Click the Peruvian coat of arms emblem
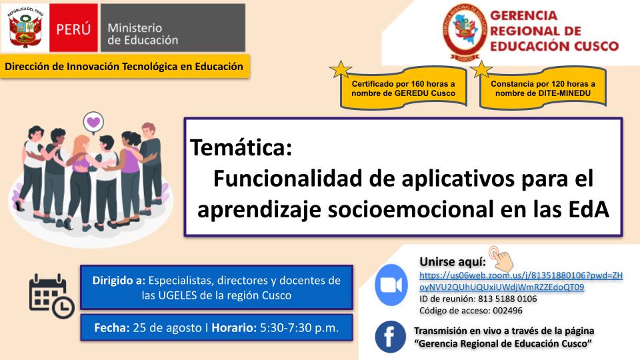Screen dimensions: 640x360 tap(25, 28)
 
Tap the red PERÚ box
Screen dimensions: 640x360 tap(73, 28)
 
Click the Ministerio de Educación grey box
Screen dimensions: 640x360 tap(173, 28)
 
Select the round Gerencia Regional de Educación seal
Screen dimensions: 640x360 tap(465, 32)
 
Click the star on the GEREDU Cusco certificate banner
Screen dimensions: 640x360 tap(341, 69)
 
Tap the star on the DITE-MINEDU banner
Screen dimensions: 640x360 tap(481, 69)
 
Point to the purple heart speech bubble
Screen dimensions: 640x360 tap(93, 123)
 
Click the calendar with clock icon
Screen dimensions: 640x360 tap(51, 296)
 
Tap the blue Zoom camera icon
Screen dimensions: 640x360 tap(391, 285)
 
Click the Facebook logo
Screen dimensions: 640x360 tap(390, 337)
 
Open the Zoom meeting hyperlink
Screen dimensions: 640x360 tap(521, 281)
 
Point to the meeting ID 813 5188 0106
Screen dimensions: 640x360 tap(507, 299)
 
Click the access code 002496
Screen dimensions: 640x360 tap(507, 311)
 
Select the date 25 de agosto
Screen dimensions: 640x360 tap(167, 328)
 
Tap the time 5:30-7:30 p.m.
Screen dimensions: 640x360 tap(299, 328)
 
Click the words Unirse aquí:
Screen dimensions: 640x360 tap(453, 261)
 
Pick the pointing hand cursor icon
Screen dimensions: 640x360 tap(501, 259)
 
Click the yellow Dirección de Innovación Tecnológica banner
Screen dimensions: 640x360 tap(124, 66)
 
